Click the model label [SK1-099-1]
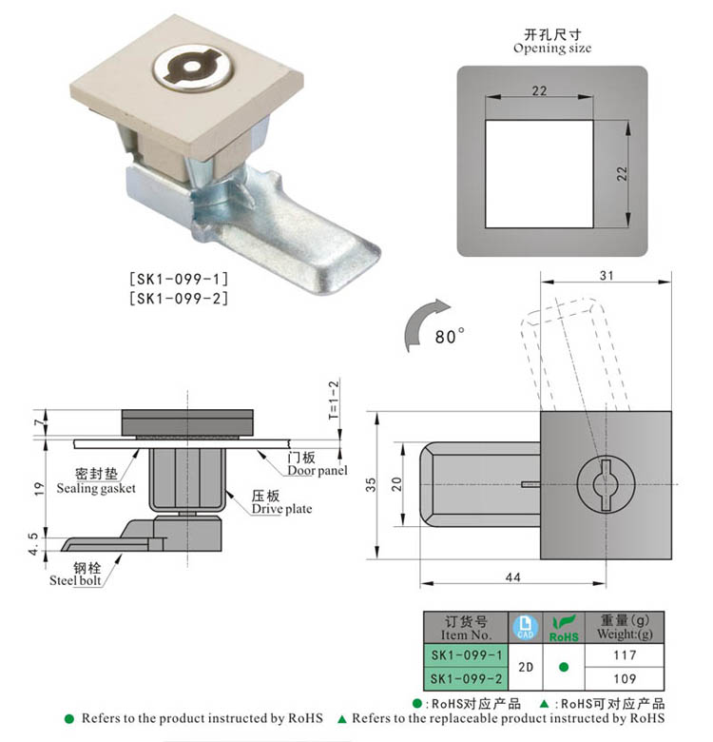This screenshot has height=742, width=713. click(178, 280)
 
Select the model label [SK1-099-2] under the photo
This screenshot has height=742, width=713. click(178, 298)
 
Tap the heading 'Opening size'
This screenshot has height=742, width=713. click(551, 48)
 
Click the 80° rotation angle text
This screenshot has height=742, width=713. click(449, 337)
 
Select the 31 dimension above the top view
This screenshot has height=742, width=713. click(606, 276)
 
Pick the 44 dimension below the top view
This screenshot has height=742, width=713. click(512, 576)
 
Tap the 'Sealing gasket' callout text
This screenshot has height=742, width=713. click(96, 488)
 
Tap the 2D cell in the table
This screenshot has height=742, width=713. click(525, 667)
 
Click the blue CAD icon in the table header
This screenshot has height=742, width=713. click(525, 627)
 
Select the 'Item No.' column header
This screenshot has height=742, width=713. click(466, 628)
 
